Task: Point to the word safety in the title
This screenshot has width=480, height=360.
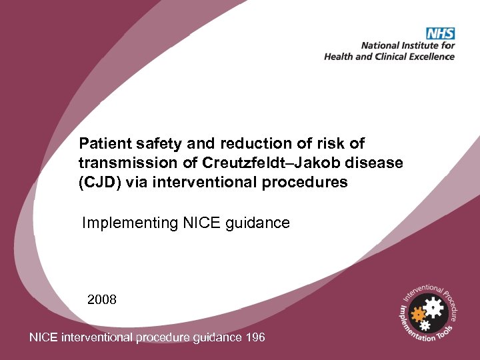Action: click(x=149, y=143)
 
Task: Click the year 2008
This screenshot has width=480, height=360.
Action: click(x=102, y=299)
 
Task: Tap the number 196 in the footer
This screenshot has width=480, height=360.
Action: click(x=255, y=337)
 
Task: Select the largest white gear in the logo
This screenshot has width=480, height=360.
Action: click(x=433, y=307)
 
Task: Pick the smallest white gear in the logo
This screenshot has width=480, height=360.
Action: click(x=424, y=325)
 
